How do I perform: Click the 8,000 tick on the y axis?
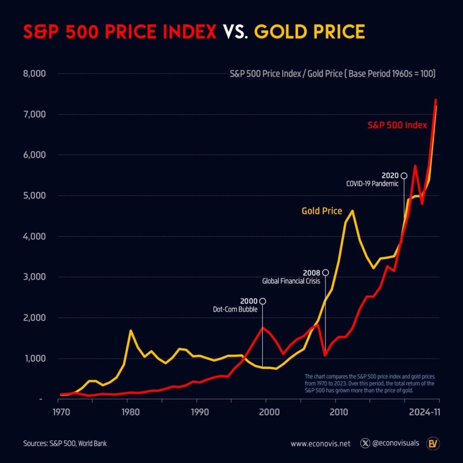pos(34,74)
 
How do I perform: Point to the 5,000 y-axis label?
pos(34,195)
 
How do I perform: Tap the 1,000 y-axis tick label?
pos(34,358)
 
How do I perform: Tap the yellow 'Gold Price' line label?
pos(322,211)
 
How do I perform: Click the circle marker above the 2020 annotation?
pos(404,175)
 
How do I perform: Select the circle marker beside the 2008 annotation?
pos(326,272)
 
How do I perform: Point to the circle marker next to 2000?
pos(263,301)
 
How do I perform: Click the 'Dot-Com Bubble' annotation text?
pos(236,310)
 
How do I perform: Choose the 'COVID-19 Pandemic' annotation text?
pos(372,183)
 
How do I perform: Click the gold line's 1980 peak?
pos(130,330)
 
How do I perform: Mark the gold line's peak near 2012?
pos(352,211)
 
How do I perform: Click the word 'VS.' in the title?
pos(235,31)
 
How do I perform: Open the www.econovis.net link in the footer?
pos(321,443)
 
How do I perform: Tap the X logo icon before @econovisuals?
pos(366,443)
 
